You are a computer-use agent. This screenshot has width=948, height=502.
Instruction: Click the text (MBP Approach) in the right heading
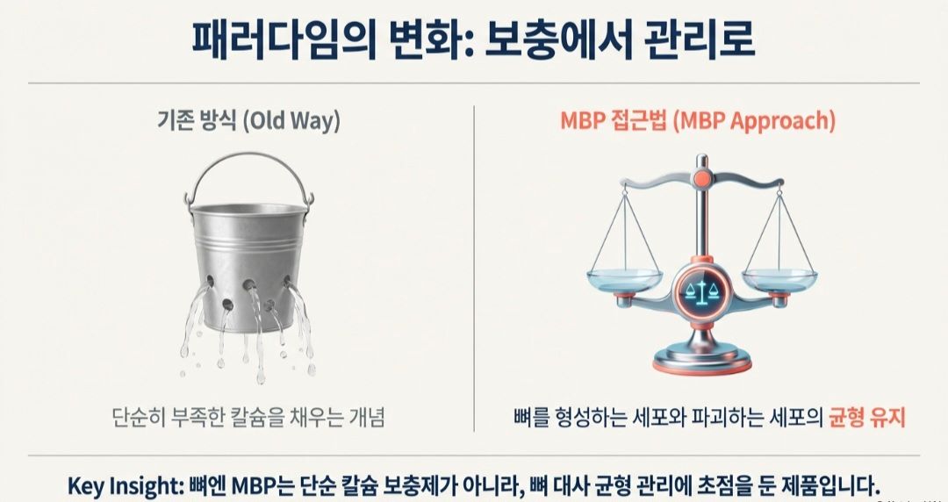tap(762, 121)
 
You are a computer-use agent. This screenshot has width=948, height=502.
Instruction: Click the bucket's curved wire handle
tap(249, 172)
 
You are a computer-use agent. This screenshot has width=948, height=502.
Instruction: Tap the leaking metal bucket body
tap(248, 255)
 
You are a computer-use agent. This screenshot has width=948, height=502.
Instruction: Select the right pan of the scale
tap(779, 280)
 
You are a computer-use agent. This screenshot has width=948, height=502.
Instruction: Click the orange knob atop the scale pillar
tap(701, 179)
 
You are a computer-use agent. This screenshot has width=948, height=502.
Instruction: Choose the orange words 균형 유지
tap(867, 417)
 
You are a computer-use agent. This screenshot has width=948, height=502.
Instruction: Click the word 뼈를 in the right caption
tap(528, 417)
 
